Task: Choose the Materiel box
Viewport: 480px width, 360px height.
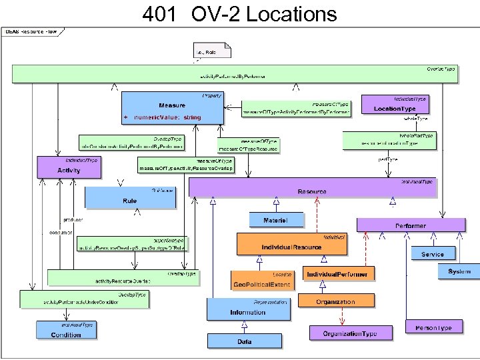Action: point(276,220)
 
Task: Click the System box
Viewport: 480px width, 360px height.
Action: point(459,271)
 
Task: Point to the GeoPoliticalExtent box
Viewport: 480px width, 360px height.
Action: point(261,281)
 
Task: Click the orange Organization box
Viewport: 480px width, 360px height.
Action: point(336,301)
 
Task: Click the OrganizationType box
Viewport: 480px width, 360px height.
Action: point(349,332)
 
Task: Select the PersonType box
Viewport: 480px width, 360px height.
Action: point(433,328)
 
